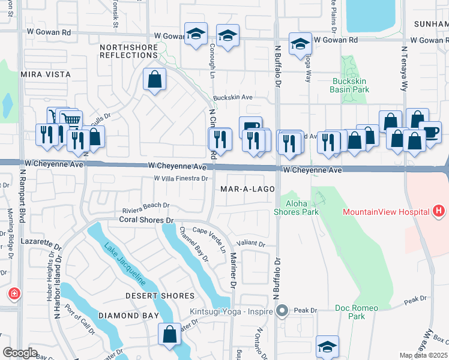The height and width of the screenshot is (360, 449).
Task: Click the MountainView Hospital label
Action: click(385, 212)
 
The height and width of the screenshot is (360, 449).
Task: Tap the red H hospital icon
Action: click(439, 211)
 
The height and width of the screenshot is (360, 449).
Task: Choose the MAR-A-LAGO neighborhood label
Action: click(247, 189)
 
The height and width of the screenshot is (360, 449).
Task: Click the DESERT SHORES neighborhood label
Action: click(160, 296)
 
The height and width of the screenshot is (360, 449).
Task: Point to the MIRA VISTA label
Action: click(46, 74)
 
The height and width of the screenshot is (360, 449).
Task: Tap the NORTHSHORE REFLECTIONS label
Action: click(128, 51)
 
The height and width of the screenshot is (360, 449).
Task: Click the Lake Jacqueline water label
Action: click(125, 264)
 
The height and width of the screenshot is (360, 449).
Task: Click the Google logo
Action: click(20, 353)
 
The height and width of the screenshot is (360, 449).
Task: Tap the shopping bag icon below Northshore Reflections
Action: click(154, 79)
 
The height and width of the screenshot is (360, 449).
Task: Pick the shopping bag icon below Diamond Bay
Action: click(170, 334)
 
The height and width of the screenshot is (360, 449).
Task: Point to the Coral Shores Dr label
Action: click(145, 220)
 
